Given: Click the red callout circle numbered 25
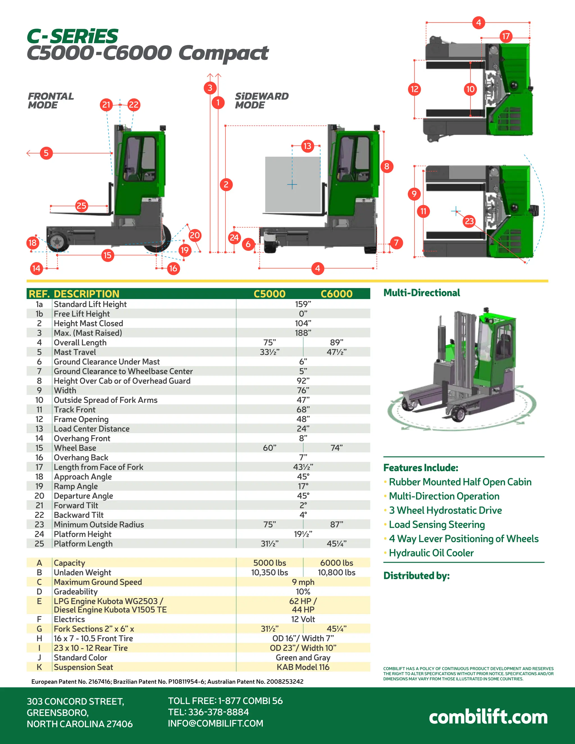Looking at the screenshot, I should (x=81, y=206).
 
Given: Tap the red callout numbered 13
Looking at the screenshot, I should (x=307, y=146).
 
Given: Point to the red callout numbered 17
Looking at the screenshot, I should (x=506, y=36).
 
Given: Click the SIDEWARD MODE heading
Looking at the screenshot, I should (x=261, y=101).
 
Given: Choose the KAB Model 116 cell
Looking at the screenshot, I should (x=303, y=667).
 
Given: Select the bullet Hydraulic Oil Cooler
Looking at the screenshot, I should (x=431, y=553).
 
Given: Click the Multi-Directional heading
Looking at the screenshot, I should (x=421, y=293).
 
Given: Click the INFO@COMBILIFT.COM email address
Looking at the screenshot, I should (x=215, y=723).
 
